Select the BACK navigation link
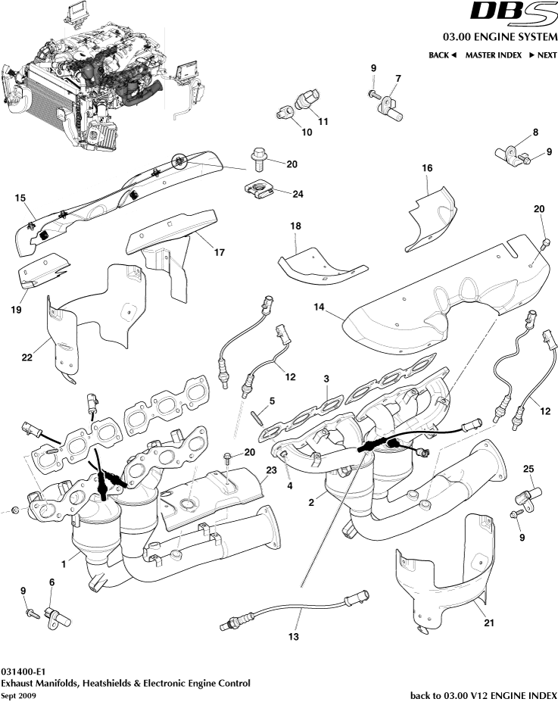(442, 55)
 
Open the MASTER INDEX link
(493, 55)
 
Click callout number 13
(293, 638)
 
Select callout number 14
(319, 307)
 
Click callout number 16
(427, 167)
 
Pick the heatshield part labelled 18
(322, 266)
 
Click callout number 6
(51, 582)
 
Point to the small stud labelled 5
(258, 414)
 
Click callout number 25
(529, 470)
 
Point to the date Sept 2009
(17, 695)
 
